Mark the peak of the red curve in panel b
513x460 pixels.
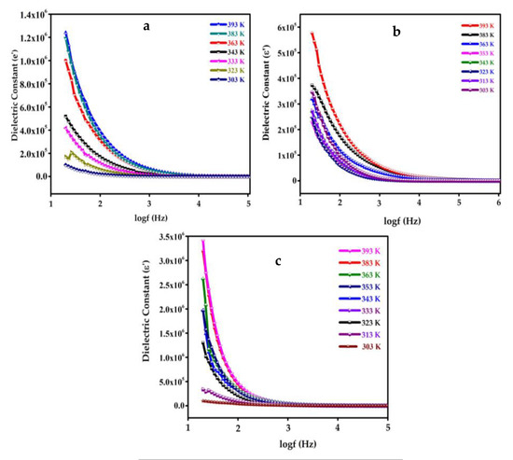pyautogui.click(x=312, y=34)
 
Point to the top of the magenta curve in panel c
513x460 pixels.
pyautogui.click(x=202, y=242)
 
